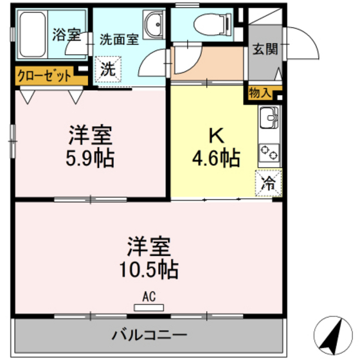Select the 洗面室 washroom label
tap(119, 39)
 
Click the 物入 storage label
tap(260, 94)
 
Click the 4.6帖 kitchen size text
tap(215, 157)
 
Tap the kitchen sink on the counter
tap(269, 118)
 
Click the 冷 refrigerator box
tap(268, 183)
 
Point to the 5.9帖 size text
tap(91, 158)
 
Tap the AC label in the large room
tap(148, 298)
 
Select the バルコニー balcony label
tap(148, 335)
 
